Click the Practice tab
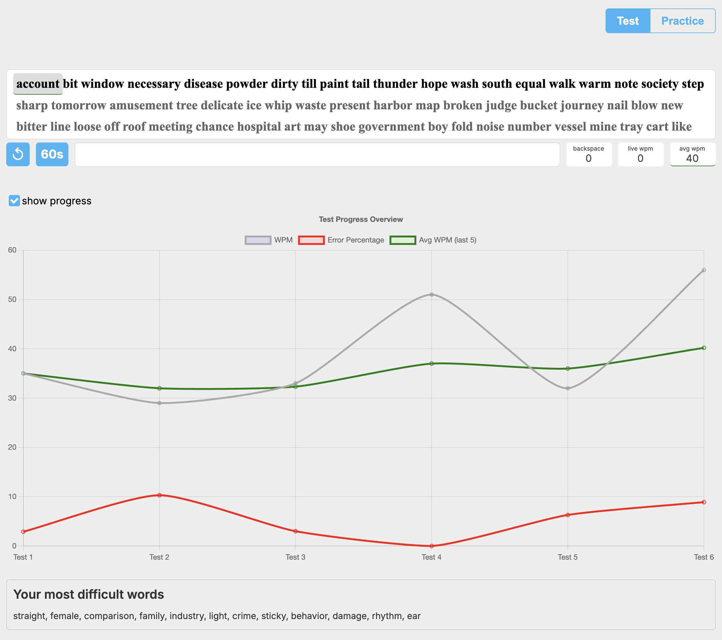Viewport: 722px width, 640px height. click(682, 21)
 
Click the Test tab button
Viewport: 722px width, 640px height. click(628, 21)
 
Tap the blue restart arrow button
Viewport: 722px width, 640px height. click(18, 154)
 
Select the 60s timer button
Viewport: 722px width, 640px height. click(52, 154)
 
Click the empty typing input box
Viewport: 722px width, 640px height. click(317, 154)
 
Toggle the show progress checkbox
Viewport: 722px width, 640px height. click(14, 201)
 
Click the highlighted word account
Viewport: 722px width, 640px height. click(38, 84)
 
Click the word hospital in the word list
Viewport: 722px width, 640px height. click(259, 127)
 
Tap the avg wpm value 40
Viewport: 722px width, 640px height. click(692, 158)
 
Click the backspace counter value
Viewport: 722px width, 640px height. click(588, 158)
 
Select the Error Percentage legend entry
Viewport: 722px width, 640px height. click(341, 240)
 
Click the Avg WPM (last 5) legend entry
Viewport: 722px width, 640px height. click(433, 240)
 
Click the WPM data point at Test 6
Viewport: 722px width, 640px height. click(704, 270)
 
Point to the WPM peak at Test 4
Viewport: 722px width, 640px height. click(432, 294)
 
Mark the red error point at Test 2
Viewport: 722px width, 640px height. click(159, 495)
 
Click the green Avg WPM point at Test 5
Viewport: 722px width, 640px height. click(568, 368)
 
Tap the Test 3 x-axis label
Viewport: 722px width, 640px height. click(295, 557)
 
